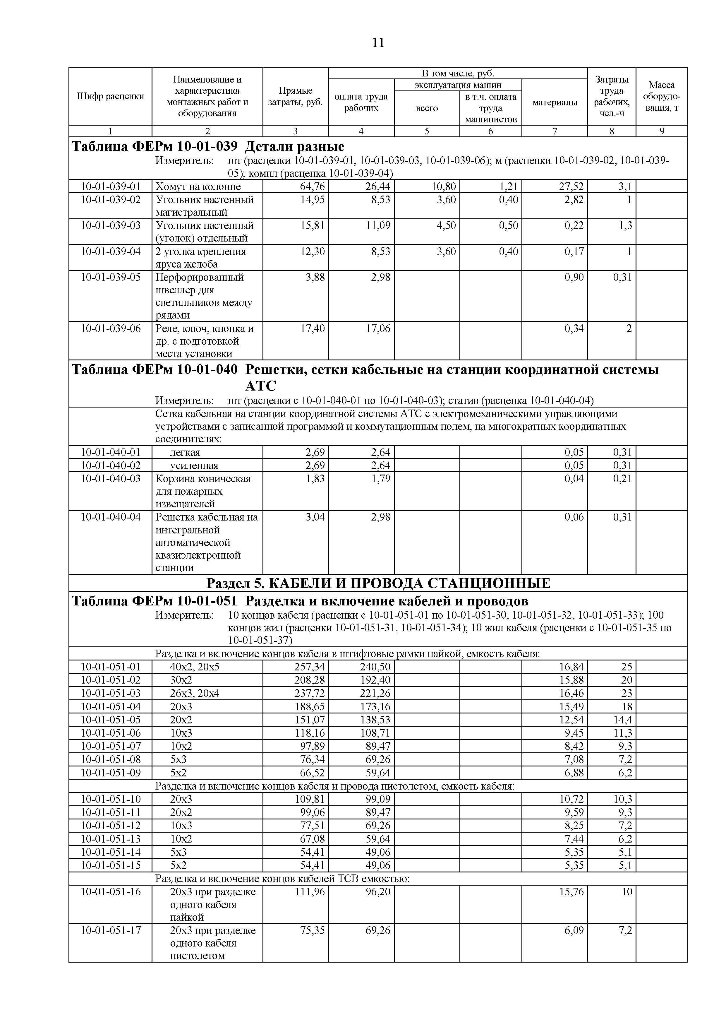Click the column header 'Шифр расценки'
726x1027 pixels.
110,96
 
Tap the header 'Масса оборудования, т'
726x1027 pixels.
662,96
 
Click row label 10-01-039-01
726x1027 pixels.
110,186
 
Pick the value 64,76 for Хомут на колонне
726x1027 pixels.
313,186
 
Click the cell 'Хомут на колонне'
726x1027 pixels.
198,186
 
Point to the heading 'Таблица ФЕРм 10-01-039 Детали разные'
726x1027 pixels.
208,146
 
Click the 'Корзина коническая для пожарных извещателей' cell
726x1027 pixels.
203,491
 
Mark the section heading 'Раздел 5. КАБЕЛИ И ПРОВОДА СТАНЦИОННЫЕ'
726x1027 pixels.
378,583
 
